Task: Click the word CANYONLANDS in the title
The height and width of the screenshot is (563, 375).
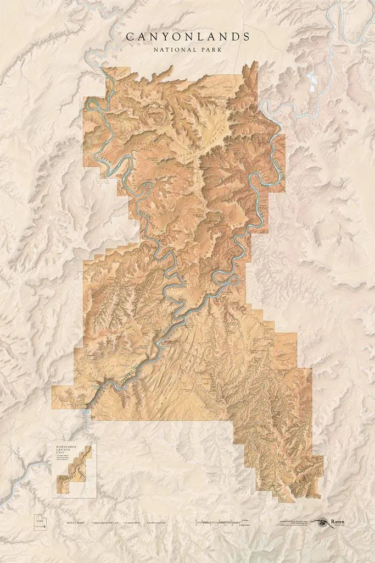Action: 188,37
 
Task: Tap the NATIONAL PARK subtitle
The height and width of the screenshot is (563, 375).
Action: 188,49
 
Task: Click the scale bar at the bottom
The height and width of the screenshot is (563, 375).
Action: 220,522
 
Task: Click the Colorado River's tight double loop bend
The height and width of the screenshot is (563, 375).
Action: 228,278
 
